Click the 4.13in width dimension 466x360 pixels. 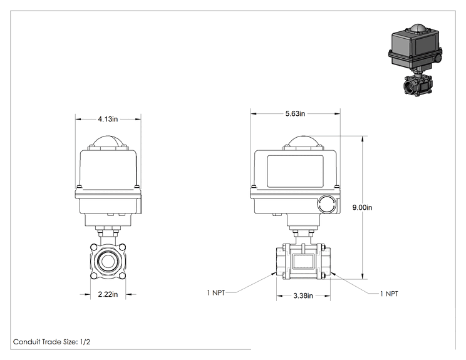[x=108, y=119]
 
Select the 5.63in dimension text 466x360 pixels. [x=295, y=113]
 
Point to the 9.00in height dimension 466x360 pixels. [x=362, y=207]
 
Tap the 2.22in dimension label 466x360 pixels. [x=108, y=294]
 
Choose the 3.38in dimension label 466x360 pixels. [x=303, y=296]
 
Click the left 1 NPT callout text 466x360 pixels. [x=216, y=292]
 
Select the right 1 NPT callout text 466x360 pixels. [x=389, y=294]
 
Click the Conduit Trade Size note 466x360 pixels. [x=52, y=342]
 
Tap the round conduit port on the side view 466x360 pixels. [x=327, y=204]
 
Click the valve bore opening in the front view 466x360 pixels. [x=108, y=261]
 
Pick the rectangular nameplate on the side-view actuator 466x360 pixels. [x=295, y=172]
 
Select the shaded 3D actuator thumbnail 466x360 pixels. [x=415, y=59]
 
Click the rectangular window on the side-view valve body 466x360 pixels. [x=303, y=261]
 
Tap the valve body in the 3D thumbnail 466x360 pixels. [x=418, y=85]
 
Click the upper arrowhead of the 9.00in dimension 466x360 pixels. [x=363, y=139]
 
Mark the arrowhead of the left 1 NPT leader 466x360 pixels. [x=274, y=274]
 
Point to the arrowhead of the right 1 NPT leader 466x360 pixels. [x=333, y=274]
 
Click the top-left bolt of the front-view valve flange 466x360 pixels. [x=93, y=247]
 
